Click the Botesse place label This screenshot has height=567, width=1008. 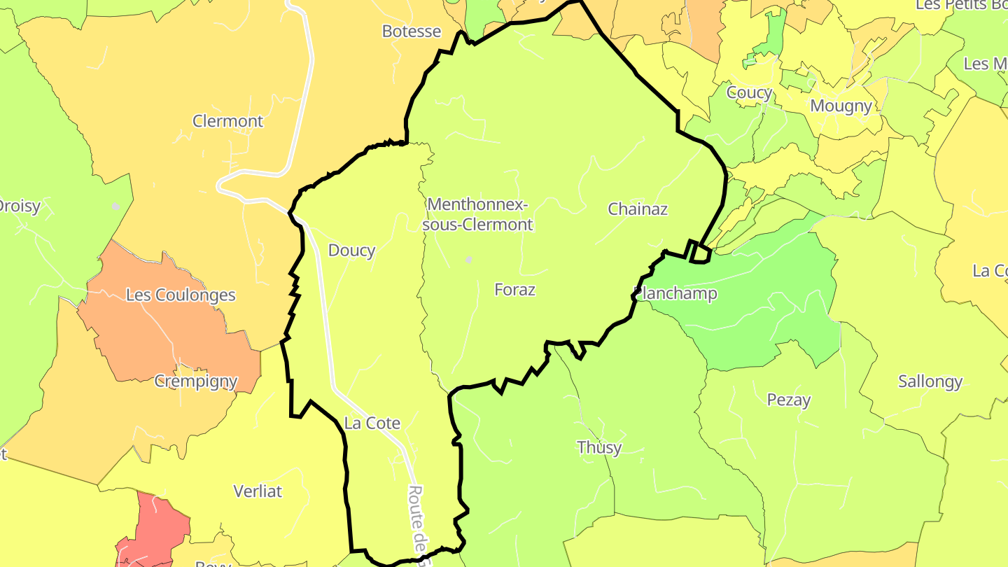tap(412, 31)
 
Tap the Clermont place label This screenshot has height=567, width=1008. tap(227, 121)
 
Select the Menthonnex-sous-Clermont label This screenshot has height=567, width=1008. tap(479, 214)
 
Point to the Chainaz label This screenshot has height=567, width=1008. tap(638, 209)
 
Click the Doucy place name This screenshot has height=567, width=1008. tap(351, 250)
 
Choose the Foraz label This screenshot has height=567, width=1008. tap(514, 289)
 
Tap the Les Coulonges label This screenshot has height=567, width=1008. tap(181, 295)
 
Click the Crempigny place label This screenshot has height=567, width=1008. tap(196, 381)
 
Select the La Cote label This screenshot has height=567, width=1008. tap(372, 423)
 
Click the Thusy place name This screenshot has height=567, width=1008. tap(598, 447)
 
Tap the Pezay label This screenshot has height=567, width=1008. tap(789, 400)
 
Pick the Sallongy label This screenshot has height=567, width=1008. tap(930, 381)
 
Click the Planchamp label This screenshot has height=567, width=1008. tap(675, 293)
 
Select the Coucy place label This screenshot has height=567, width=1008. tap(749, 92)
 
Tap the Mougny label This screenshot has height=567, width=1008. tap(841, 106)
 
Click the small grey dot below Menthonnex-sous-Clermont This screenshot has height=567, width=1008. tap(469, 260)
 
